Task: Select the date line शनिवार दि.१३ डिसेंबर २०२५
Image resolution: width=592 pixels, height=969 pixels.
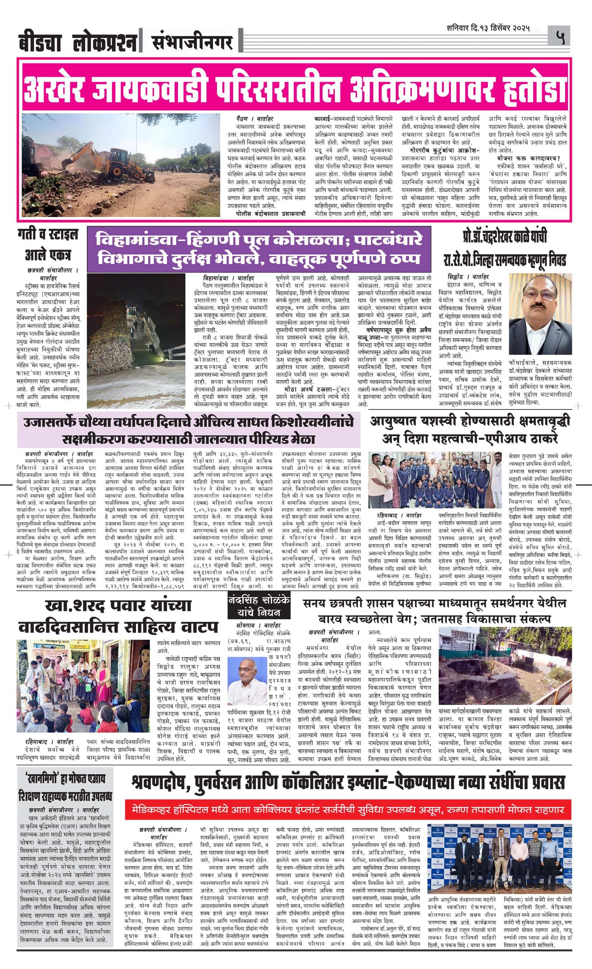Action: click(488, 28)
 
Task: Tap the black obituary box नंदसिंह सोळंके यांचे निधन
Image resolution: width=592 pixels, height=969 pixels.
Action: click(259, 606)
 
